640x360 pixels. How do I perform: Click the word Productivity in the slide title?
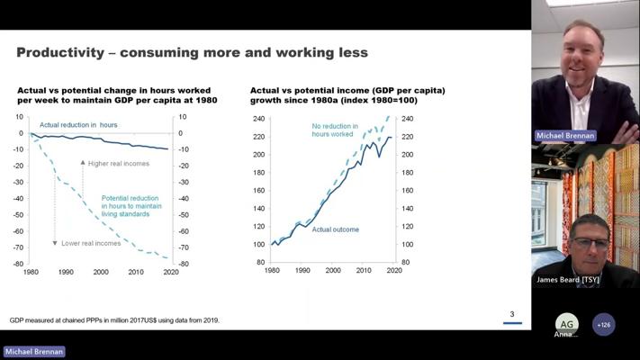pyautogui.click(x=59, y=53)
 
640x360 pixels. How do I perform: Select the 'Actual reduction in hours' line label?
pyautogui.click(x=78, y=124)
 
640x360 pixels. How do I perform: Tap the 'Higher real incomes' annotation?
pyautogui.click(x=119, y=164)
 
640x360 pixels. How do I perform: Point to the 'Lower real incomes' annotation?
pyautogui.click(x=91, y=243)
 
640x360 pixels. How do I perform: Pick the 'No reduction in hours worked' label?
pyautogui.click(x=334, y=130)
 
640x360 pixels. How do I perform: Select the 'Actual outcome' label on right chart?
pyautogui.click(x=335, y=229)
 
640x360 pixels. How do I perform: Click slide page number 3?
pyautogui.click(x=511, y=314)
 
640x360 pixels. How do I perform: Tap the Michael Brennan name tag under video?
pyautogui.click(x=565, y=136)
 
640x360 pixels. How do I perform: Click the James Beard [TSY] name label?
pyautogui.click(x=567, y=280)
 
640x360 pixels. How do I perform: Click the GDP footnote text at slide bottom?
pyautogui.click(x=114, y=319)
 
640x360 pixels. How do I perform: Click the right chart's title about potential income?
pyautogui.click(x=347, y=95)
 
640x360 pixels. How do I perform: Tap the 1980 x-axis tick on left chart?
pyautogui.click(x=31, y=271)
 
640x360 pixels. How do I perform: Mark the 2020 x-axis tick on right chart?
pyautogui.click(x=393, y=270)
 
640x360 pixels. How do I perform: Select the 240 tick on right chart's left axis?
pyautogui.click(x=259, y=119)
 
